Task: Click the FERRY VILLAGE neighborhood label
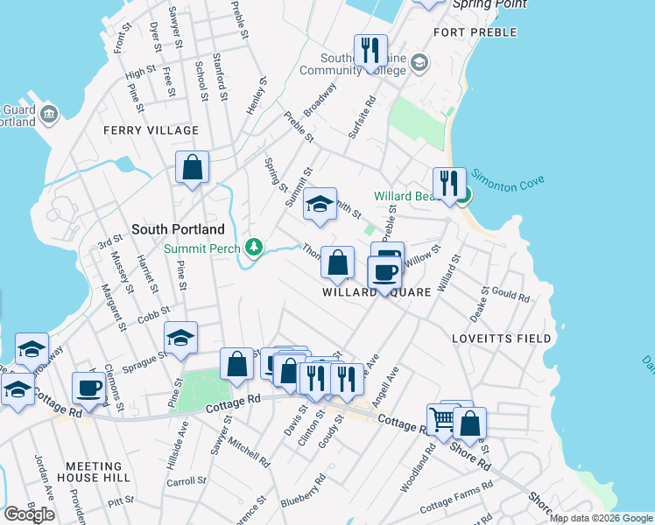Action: [x=151, y=130]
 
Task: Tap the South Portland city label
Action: [x=178, y=229]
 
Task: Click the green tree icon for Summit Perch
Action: [x=254, y=248]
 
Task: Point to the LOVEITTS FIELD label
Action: [x=502, y=338]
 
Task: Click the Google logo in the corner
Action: [x=29, y=514]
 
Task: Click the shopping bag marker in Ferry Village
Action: [x=192, y=166]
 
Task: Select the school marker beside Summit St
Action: [x=320, y=205]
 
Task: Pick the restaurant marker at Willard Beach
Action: [x=449, y=184]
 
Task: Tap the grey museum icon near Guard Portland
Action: [x=47, y=113]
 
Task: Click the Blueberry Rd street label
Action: [x=303, y=491]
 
